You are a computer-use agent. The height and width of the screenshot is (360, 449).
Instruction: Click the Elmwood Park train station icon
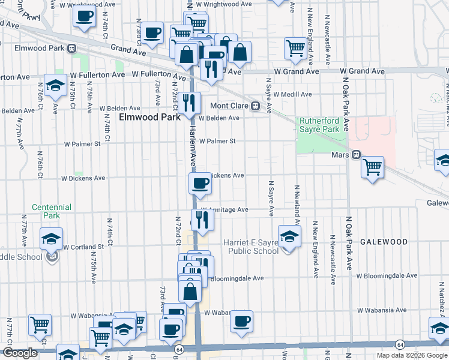(71, 48)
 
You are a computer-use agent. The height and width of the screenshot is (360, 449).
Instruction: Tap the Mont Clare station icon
(255, 106)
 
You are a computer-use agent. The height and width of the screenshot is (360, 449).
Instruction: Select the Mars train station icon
(356, 155)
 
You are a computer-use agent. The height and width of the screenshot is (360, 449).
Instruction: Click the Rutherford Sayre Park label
(319, 125)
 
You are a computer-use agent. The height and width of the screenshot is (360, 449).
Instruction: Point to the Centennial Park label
(52, 211)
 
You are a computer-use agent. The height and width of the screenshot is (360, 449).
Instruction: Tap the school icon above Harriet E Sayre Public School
(289, 235)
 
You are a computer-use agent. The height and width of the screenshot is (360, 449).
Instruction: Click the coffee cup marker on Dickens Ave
(200, 183)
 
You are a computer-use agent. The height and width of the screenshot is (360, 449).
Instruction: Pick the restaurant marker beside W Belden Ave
(189, 103)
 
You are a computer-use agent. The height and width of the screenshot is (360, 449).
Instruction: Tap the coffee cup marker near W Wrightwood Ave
(85, 16)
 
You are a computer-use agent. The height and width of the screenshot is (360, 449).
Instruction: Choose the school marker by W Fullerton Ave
(55, 86)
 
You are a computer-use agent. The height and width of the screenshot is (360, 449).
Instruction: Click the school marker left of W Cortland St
(52, 238)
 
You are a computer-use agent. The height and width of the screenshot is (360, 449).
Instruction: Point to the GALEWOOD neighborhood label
(384, 242)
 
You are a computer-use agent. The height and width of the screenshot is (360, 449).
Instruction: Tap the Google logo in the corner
(20, 353)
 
